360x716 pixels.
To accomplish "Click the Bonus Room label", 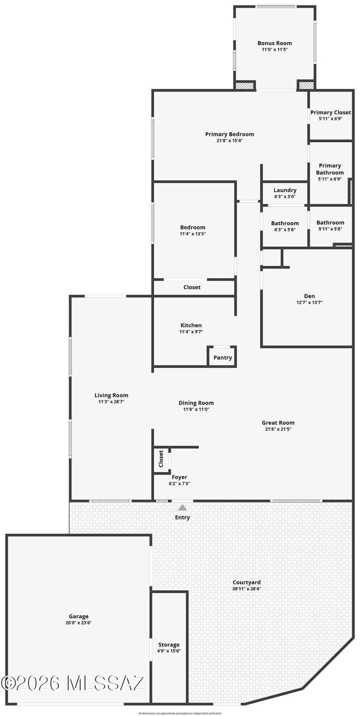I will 274,44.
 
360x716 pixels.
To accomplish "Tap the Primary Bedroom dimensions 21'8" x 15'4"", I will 229,141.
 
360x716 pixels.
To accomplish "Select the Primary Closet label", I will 330,113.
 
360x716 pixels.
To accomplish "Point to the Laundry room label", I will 285,190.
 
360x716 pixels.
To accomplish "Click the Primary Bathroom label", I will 330,169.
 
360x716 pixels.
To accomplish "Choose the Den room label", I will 305,296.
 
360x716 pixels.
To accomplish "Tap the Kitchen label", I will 191,325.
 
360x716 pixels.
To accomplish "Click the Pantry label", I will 222,358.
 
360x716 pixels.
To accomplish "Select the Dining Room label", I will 196,403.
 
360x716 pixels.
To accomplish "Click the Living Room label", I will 111,395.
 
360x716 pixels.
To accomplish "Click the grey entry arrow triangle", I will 182,507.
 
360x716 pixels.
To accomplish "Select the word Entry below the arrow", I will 182,517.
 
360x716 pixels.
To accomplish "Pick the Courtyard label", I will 246,582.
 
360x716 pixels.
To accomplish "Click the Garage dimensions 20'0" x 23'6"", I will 78,623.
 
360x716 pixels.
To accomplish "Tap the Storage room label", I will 169,645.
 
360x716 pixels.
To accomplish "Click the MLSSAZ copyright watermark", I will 73,683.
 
